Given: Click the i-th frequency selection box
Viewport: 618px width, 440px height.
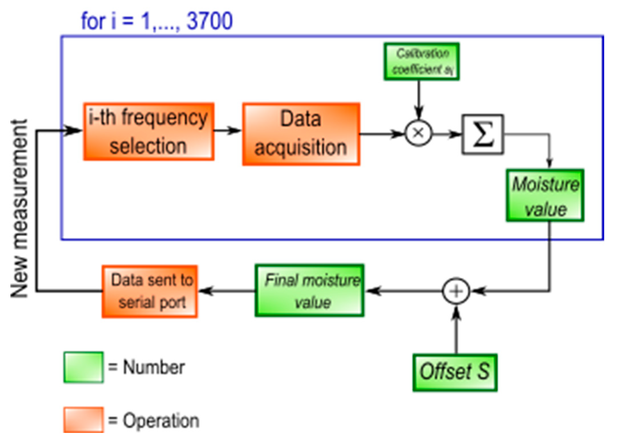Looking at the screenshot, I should (149, 132).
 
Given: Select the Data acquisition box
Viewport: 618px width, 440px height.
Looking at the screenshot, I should (301, 134).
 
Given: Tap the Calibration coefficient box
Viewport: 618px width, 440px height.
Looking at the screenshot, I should (421, 61).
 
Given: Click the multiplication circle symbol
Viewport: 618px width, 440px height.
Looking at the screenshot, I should (418, 133).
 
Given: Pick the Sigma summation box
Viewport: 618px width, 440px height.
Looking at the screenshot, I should (483, 134).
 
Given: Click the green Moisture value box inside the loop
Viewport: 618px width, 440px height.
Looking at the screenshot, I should (545, 195).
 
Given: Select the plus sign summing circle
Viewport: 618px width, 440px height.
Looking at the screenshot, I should (456, 291).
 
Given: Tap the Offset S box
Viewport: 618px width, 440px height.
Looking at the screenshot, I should (455, 372).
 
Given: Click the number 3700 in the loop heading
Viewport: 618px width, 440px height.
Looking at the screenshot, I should (210, 21).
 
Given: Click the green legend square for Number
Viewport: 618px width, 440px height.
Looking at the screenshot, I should (84, 367).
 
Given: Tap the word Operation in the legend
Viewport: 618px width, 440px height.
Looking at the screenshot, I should (161, 421).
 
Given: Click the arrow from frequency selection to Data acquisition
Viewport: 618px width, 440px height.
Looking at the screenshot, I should (228, 131).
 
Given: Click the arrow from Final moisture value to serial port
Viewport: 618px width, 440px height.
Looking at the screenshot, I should (226, 291).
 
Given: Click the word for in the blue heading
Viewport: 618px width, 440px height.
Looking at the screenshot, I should (93, 21).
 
